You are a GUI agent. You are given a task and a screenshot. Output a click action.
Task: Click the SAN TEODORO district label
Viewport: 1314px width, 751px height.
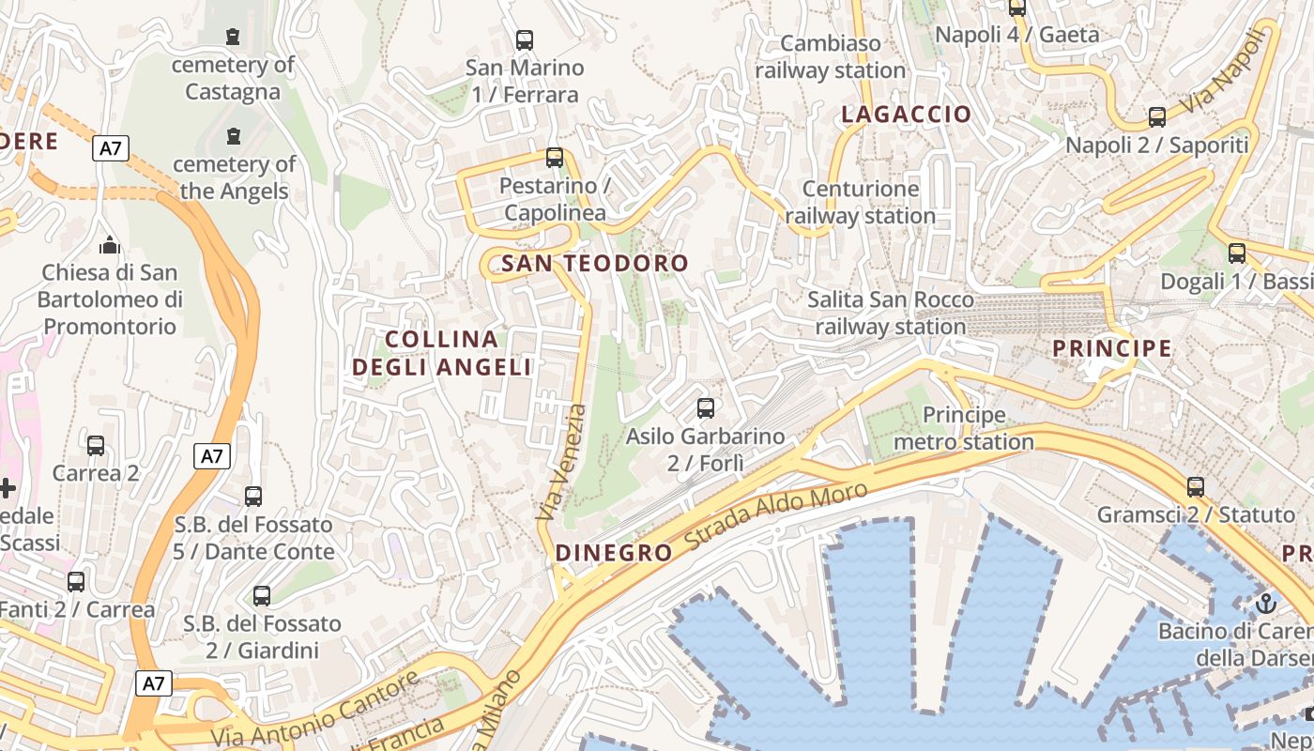(594, 264)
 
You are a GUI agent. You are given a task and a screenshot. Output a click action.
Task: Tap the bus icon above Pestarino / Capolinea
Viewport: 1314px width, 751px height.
(555, 157)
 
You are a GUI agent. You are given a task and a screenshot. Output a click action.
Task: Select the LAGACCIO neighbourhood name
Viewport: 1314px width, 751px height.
(906, 115)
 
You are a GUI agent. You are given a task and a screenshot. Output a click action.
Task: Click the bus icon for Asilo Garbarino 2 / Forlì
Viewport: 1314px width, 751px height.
(706, 408)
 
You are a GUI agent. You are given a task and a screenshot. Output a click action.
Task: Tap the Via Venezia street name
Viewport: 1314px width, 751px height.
(561, 463)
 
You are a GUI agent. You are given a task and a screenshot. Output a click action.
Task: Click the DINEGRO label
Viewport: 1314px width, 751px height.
(614, 553)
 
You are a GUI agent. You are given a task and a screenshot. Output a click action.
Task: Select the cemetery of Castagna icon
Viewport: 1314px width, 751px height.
(232, 37)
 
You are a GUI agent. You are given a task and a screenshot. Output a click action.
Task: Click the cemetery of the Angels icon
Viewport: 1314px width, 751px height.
(233, 136)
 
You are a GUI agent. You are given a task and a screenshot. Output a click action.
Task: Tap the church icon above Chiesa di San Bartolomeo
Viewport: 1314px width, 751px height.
(110, 246)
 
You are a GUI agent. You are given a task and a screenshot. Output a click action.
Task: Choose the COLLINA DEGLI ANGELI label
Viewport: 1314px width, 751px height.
(442, 353)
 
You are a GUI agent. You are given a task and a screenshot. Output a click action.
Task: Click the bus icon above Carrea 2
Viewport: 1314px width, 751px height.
(96, 445)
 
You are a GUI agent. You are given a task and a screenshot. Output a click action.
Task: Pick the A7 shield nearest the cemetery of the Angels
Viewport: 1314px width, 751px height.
(111, 147)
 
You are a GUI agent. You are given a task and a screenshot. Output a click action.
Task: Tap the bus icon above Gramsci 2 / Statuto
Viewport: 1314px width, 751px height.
(1195, 486)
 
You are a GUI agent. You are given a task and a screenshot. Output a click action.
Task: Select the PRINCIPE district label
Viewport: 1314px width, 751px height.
(1111, 348)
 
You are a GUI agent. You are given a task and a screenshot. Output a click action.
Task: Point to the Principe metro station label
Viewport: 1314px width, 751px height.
(964, 428)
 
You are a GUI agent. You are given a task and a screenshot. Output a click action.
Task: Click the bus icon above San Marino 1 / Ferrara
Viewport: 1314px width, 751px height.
(525, 40)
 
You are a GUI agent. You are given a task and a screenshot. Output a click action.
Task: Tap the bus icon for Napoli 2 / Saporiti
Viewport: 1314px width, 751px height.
(1157, 117)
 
